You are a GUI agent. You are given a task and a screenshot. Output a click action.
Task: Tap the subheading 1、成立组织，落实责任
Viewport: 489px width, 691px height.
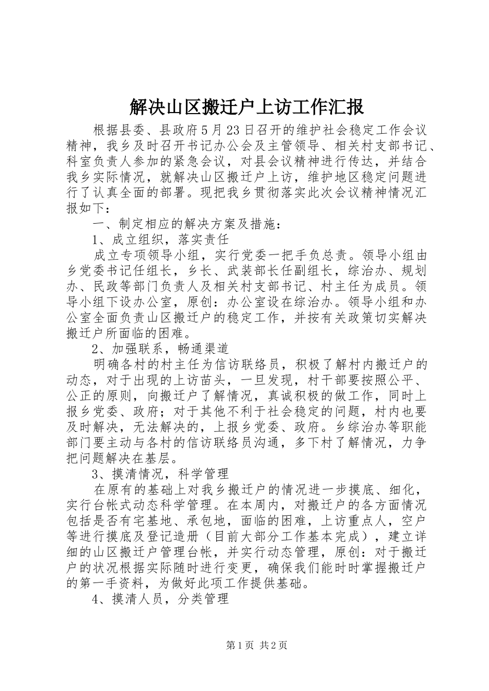160,240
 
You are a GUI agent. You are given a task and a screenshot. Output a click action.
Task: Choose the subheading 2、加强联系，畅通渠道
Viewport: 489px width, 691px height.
160,349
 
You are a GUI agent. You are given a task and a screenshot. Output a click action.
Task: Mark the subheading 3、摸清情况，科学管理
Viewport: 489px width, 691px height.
160,474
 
